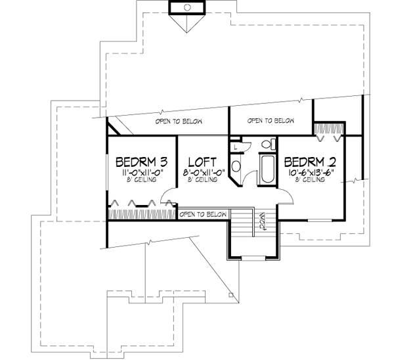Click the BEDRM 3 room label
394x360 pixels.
pyautogui.click(x=142, y=161)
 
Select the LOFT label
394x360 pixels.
pyautogui.click(x=203, y=161)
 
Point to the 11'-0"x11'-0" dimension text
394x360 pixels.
pyautogui.click(x=142, y=172)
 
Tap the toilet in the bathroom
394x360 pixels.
pyautogui.click(x=267, y=145)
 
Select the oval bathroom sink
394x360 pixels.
pyautogui.click(x=236, y=165)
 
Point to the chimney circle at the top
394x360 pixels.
pyautogui.click(x=187, y=7)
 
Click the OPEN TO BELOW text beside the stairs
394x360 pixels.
pyautogui.click(x=203, y=214)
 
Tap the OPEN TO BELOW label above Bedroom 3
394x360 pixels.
pyautogui.click(x=178, y=122)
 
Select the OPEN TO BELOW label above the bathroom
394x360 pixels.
pyautogui.click(x=270, y=121)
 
